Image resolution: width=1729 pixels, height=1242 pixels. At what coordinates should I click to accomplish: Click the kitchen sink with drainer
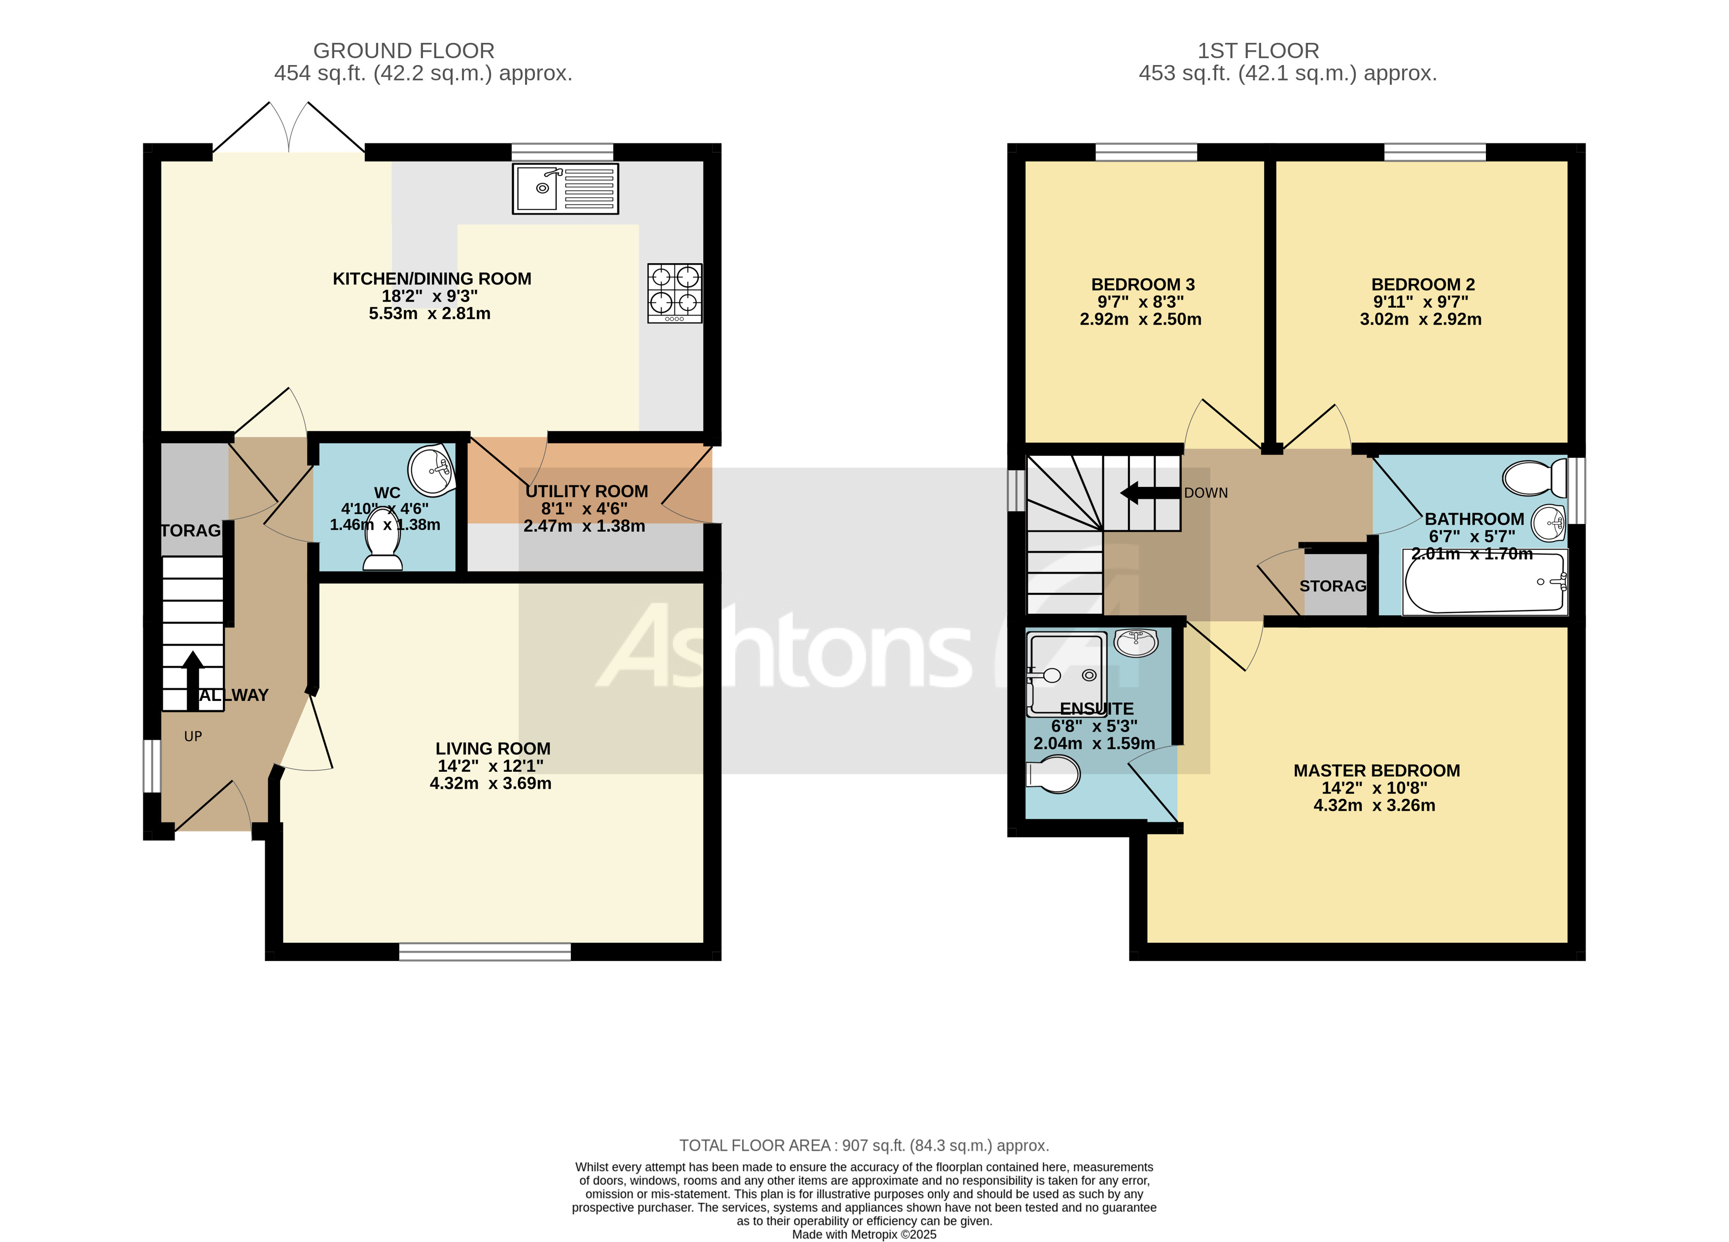pyautogui.click(x=565, y=188)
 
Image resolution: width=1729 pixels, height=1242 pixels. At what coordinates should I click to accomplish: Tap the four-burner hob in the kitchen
pyautogui.click(x=674, y=293)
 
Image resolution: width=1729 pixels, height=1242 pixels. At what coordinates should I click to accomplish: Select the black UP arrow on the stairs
pyautogui.click(x=193, y=680)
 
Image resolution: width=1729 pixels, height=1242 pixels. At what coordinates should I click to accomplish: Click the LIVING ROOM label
pyautogui.click(x=493, y=748)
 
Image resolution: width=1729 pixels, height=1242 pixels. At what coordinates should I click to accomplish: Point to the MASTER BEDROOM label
pyautogui.click(x=1376, y=770)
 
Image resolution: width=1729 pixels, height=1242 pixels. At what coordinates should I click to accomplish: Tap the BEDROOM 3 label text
pyautogui.click(x=1142, y=284)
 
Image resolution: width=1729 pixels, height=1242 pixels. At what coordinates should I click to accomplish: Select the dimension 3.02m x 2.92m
pyautogui.click(x=1420, y=319)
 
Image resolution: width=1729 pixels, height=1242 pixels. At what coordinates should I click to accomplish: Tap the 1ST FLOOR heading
pyautogui.click(x=1258, y=51)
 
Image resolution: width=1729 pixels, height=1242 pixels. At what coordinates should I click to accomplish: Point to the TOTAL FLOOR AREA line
pyautogui.click(x=864, y=1145)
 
